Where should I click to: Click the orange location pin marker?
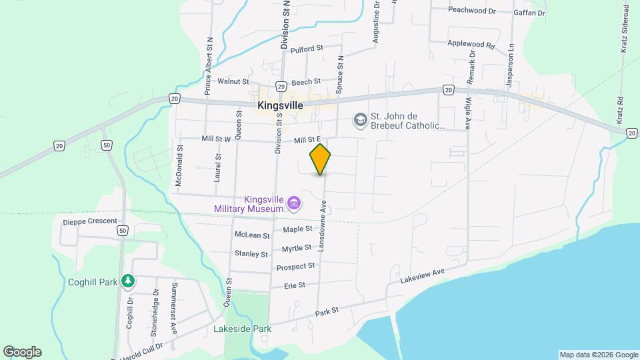pyautogui.click(x=320, y=159)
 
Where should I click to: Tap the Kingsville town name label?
pyautogui.click(x=280, y=105)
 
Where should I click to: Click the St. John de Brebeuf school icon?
pyautogui.click(x=360, y=119)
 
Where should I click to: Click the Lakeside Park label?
pyautogui.click(x=242, y=329)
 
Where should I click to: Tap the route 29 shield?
pyautogui.click(x=281, y=87)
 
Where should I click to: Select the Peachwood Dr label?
pyautogui.click(x=472, y=10)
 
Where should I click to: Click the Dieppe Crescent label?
pyautogui.click(x=89, y=221)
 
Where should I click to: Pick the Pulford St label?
pyautogui.click(x=307, y=48)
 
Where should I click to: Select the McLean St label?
pyautogui.click(x=252, y=235)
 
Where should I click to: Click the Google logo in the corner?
pyautogui.click(x=22, y=352)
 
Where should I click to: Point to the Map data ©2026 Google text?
pyautogui.click(x=598, y=355)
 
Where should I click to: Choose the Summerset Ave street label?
pyautogui.click(x=174, y=308)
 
